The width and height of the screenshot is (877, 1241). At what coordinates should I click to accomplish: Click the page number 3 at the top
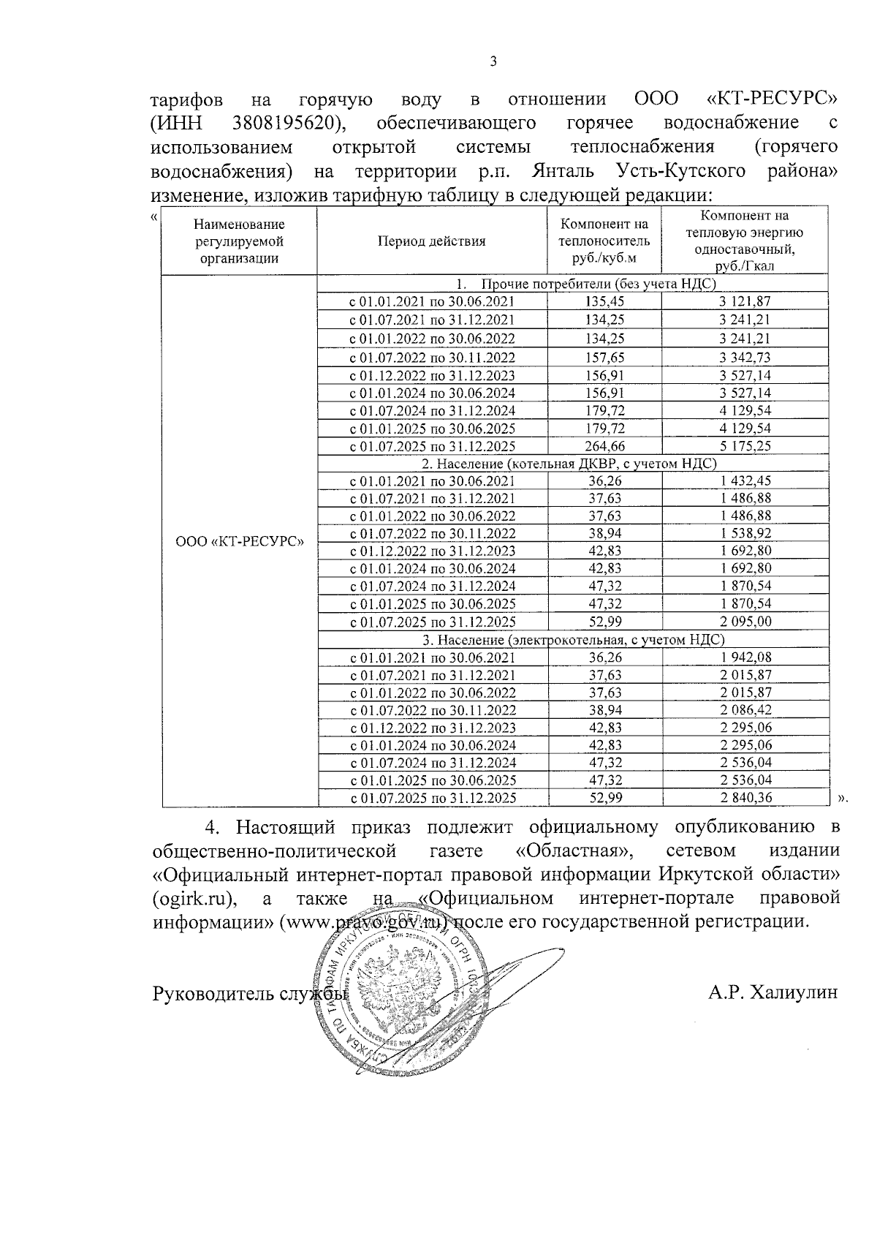coord(493,62)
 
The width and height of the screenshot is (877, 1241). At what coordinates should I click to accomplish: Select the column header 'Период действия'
coord(431,241)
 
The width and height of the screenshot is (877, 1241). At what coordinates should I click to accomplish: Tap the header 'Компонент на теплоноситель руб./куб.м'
coord(604,241)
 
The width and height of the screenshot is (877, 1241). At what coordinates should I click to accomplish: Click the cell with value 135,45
coord(604,301)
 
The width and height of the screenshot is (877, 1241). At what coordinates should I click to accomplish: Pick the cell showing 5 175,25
coord(745,446)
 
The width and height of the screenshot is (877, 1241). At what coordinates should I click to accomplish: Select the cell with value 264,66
coord(604,446)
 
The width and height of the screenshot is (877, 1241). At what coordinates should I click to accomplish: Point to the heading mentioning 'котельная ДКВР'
coord(569,464)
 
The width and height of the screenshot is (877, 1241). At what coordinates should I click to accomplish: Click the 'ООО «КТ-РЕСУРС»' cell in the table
coord(239,542)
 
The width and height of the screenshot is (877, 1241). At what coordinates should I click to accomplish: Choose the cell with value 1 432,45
coord(745,481)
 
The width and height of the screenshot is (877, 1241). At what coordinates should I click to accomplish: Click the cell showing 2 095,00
coord(745,622)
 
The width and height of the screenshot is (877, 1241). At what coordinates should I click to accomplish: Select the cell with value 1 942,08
coord(745,657)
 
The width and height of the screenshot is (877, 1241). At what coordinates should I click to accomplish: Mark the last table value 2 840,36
coord(745,798)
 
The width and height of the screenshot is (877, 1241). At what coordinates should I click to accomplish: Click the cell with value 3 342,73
coord(745,358)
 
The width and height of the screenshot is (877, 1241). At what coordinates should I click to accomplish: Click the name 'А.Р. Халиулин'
coord(772,993)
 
